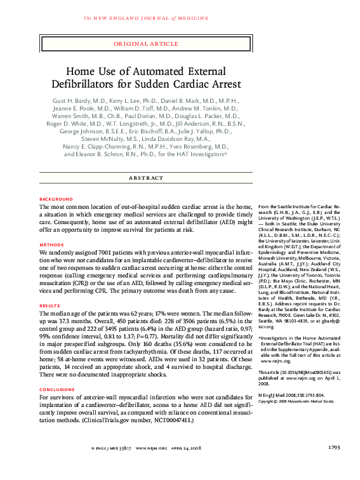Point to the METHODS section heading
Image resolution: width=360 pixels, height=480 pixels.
[51, 244]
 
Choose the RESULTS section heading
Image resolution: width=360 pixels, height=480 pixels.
[50, 306]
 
